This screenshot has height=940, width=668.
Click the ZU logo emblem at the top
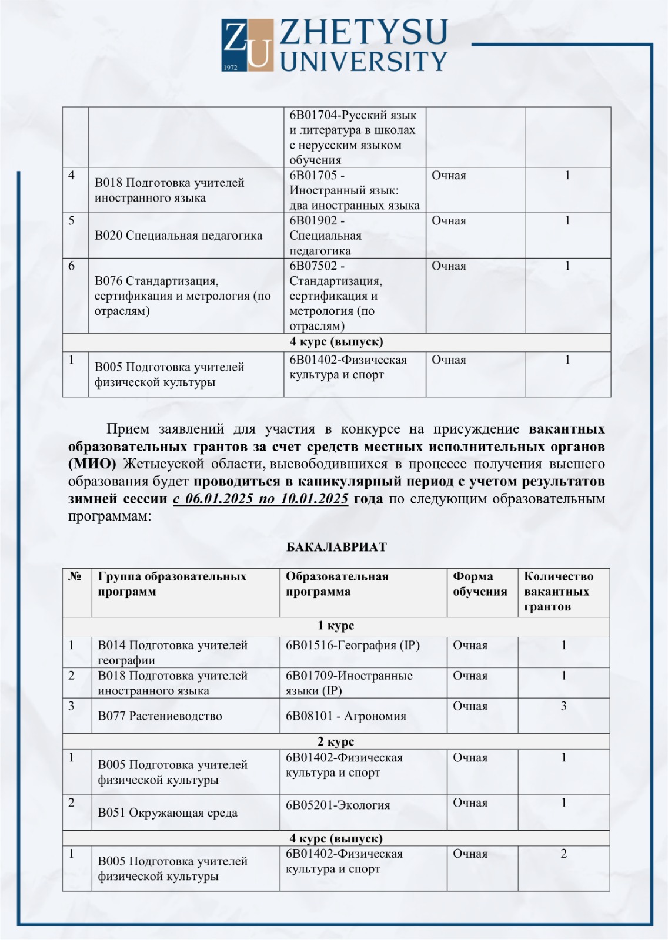[x=248, y=45]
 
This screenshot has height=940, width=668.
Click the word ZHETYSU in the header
[x=363, y=32]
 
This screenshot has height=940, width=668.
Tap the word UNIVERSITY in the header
[x=363, y=61]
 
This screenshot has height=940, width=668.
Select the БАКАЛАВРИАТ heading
[x=336, y=547]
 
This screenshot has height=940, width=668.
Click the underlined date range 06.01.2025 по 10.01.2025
[x=260, y=499]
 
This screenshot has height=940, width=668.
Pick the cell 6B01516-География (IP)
[x=353, y=645]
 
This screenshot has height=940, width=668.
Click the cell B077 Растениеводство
[x=160, y=716]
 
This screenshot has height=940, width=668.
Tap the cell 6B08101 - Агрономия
[x=346, y=716]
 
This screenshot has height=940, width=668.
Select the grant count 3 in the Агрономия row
[x=563, y=706]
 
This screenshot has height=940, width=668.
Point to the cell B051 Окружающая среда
[x=168, y=813]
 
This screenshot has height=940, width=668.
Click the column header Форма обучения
[x=480, y=584]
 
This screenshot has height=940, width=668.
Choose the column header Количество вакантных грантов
[x=559, y=591]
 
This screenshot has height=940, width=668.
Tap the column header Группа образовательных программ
[x=172, y=584]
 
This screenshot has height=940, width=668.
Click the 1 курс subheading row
[x=336, y=626]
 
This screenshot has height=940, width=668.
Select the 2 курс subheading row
[x=336, y=741]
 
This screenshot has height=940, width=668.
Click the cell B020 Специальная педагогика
[x=179, y=236]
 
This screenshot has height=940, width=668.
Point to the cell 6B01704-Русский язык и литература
[x=353, y=137]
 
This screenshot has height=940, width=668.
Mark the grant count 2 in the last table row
[x=563, y=854]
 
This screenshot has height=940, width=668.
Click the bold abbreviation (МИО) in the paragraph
[x=92, y=464]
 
